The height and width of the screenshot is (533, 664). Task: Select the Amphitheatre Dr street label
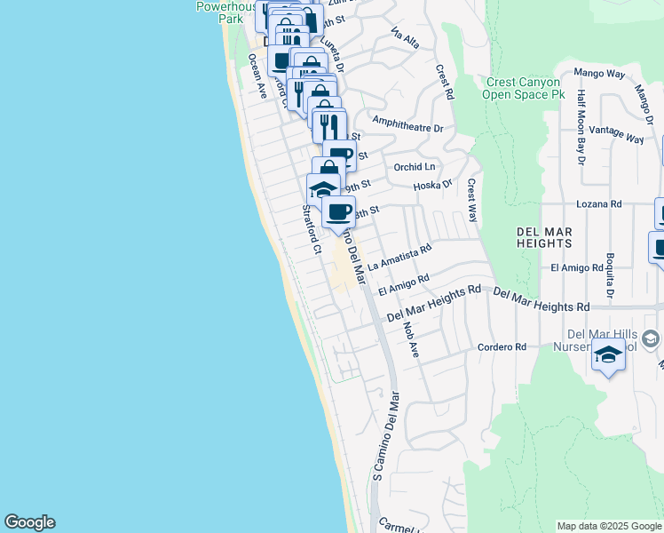coord(407,128)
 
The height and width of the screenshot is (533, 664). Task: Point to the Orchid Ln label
coord(415,167)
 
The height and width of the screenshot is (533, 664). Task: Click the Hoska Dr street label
coord(433,186)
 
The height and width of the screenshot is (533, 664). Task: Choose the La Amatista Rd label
coord(399,258)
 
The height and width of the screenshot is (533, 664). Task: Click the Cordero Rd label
coord(502,346)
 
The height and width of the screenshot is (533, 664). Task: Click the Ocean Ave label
coord(257,76)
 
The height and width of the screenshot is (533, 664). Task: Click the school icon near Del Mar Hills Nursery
coord(608,356)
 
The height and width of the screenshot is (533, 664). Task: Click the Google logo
coord(29,522)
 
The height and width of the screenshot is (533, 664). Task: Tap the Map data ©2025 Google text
coord(609,526)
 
